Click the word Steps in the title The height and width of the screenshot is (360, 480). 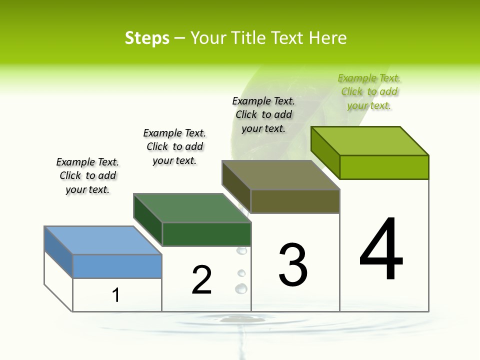click(147, 38)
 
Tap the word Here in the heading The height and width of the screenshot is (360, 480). click(328, 38)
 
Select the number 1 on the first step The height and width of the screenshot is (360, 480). click(115, 295)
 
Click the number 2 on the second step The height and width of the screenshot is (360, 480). click(201, 280)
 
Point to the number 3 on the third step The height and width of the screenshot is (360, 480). click(292, 265)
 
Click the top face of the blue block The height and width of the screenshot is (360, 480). click(102, 240)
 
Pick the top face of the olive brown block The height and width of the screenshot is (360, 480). click(280, 175)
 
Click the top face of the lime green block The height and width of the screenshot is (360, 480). click(369, 141)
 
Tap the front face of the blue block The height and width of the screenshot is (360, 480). click(117, 266)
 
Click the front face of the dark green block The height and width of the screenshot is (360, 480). click(206, 234)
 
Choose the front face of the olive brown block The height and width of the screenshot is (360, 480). click(295, 201)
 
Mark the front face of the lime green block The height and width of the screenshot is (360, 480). click(384, 167)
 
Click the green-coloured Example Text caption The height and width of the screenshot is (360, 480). click(369, 91)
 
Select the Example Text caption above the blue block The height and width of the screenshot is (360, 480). click(87, 175)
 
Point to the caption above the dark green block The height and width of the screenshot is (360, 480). click(174, 146)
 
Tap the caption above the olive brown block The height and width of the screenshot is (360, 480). click(263, 114)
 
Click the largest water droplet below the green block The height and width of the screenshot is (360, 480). click(241, 288)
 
